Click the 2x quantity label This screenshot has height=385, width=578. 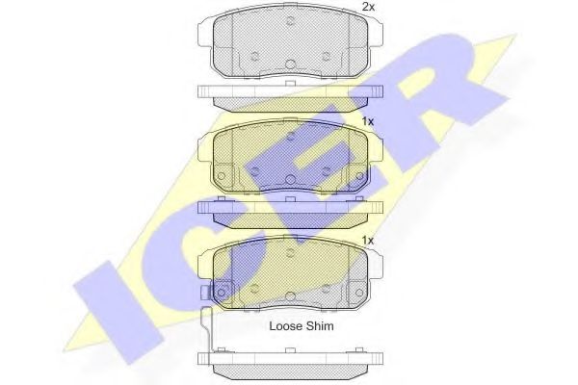tap(368, 7)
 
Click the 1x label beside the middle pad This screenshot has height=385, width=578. tap(368, 121)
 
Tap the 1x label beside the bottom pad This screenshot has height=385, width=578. tap(368, 241)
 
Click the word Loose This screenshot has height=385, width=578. tap(286, 326)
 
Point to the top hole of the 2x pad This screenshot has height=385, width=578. tap(291, 21)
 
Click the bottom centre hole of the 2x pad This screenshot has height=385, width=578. tap(291, 64)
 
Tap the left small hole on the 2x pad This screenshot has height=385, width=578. tap(254, 56)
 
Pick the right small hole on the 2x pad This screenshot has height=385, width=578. tap(326, 56)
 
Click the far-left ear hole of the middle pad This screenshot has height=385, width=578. tap(221, 176)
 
